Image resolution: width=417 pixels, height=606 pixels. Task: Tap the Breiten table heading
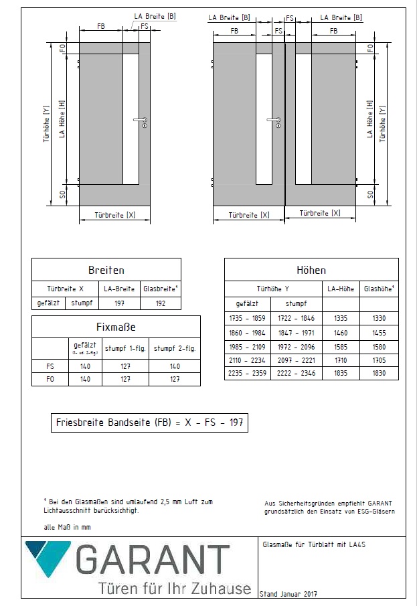click(x=106, y=271)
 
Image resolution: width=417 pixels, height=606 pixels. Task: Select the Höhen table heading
click(x=311, y=271)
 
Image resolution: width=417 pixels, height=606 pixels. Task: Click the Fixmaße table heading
click(x=116, y=327)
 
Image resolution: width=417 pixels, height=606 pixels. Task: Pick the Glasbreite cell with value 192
click(x=160, y=303)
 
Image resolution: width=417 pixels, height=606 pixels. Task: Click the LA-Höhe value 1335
click(x=341, y=318)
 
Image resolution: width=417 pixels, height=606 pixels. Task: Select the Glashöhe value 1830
click(x=379, y=373)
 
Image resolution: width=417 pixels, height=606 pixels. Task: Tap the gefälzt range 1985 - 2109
click(x=248, y=346)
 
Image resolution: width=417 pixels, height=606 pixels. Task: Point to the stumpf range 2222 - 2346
click(x=297, y=373)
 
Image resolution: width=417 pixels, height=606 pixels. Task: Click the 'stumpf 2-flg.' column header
click(x=174, y=348)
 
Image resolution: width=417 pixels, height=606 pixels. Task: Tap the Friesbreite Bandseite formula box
click(x=149, y=423)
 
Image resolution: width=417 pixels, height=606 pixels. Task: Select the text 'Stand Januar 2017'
click(x=288, y=594)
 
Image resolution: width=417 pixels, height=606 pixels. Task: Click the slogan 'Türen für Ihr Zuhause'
click(x=175, y=589)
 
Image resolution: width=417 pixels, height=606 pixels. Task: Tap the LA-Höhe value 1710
click(x=341, y=360)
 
